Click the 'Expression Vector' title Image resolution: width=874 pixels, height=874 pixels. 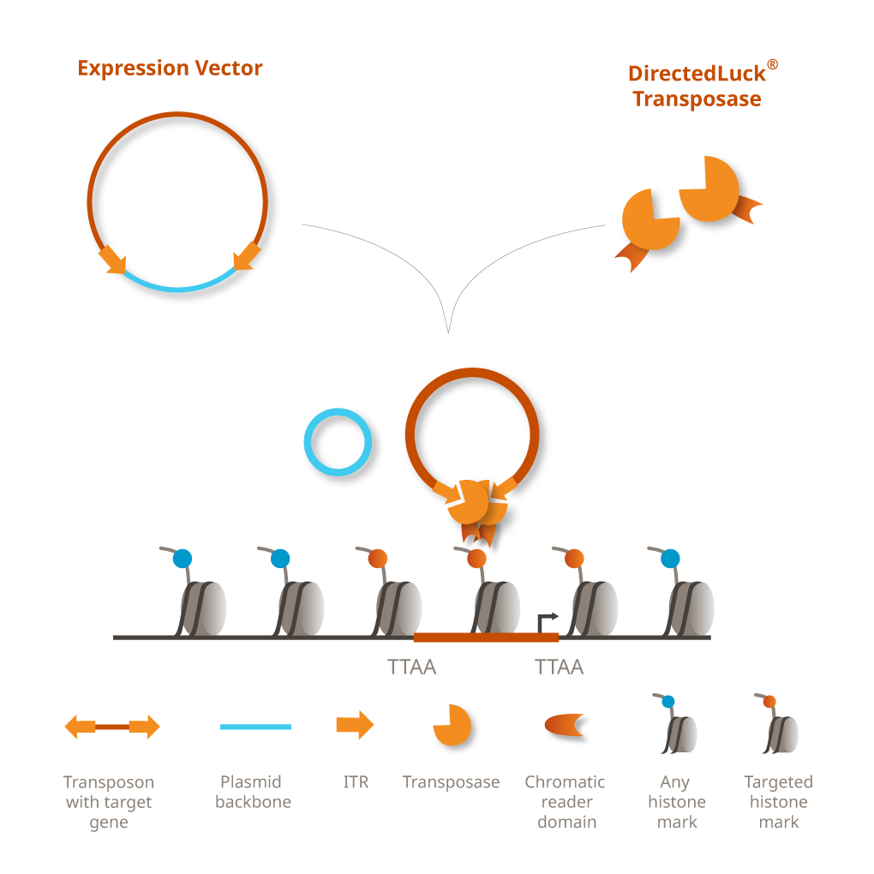170,69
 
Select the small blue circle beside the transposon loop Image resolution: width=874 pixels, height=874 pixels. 338,442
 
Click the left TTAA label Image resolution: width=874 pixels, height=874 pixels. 412,667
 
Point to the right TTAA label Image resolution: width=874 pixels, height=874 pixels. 559,667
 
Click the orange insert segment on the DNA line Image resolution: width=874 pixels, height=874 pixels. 485,638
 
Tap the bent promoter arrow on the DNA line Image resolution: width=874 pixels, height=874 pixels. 546,620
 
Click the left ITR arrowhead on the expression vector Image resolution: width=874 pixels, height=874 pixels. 113,260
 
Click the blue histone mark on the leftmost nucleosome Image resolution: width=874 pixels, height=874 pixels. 183,559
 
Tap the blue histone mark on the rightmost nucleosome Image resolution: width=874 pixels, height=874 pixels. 671,559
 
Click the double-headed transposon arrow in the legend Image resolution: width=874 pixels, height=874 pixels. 112,727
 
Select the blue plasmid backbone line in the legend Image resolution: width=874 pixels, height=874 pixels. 255,727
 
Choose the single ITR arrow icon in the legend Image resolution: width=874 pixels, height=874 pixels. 355,725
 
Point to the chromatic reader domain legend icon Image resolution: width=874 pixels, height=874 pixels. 564,725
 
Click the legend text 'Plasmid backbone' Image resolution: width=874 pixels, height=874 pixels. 253,792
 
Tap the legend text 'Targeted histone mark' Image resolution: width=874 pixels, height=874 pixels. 778,802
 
